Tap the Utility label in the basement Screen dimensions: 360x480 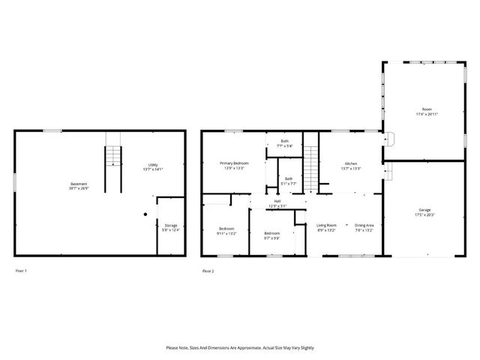click(153, 167)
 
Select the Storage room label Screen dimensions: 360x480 click(172, 227)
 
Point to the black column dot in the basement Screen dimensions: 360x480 click(145, 214)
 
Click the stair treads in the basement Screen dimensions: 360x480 click(112, 156)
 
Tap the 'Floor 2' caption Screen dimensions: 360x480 click(208, 270)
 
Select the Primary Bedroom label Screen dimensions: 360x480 click(234, 165)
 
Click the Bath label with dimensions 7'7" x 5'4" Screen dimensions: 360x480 click(285, 143)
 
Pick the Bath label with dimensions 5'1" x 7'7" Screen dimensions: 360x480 click(289, 181)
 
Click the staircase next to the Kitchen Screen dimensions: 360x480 click(311, 165)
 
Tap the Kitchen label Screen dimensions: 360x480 click(351, 166)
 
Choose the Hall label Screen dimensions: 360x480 click(277, 203)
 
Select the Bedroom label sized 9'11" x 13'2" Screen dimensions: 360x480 click(226, 231)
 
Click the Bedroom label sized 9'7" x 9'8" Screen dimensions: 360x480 click(271, 235)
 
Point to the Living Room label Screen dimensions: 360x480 click(326, 227)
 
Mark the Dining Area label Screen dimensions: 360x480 click(364, 227)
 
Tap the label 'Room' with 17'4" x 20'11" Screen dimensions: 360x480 click(427, 111)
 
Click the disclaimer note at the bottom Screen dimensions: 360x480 click(240, 348)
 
